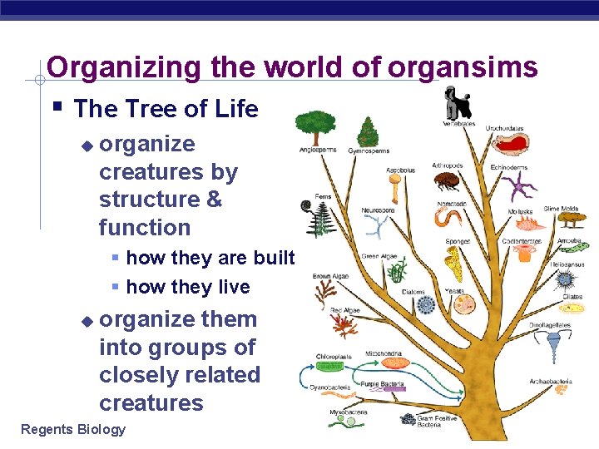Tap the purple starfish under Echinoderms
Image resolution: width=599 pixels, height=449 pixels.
[521, 186]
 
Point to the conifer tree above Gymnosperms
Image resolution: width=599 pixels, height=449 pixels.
[367, 131]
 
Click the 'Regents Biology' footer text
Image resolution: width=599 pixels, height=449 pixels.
[73, 429]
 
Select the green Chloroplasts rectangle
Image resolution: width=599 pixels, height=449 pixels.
[330, 365]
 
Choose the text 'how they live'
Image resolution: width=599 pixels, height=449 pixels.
[188, 287]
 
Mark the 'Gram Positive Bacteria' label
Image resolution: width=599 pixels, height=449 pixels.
[436, 422]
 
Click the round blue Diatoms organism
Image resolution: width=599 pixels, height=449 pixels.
[426, 306]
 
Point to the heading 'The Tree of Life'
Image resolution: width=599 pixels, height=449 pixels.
[166, 109]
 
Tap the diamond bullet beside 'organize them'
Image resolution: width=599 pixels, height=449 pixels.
[87, 321]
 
